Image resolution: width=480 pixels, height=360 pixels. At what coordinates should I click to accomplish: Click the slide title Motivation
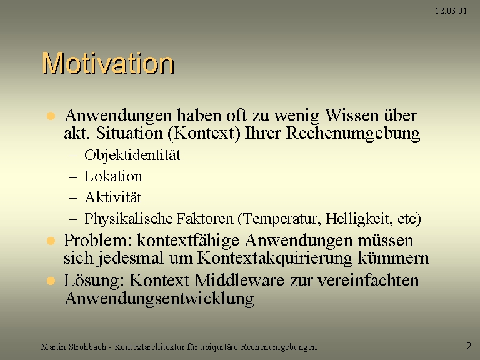pos(108,63)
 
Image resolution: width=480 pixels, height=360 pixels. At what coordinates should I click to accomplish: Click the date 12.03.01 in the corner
pos(451,11)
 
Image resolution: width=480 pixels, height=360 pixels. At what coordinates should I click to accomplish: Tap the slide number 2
pos(469,346)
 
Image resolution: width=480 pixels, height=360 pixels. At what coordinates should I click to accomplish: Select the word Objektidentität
pos(132,155)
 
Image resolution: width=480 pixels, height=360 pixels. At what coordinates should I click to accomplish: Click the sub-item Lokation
pos(113,176)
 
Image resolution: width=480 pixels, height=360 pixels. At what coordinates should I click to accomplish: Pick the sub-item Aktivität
pos(112,197)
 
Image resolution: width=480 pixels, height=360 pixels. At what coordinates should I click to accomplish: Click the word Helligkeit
pos(359,219)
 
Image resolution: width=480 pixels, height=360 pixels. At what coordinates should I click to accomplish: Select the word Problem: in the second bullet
pos(97,240)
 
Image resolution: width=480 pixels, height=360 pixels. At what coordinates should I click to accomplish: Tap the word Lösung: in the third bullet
pos(94,281)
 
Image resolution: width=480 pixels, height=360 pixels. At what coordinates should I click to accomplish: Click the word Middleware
pos(239,280)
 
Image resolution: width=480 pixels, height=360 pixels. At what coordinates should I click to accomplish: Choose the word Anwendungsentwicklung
pos(159,299)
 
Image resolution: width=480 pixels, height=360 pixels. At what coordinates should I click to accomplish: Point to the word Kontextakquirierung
pos(275,258)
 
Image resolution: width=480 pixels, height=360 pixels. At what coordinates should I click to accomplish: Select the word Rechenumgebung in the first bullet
pos(353,134)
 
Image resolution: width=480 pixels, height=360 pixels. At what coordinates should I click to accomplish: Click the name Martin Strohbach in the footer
pos(74,347)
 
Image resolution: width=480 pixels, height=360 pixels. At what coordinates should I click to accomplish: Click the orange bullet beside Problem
pos(51,241)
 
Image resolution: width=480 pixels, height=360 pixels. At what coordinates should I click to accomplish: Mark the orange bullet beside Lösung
pos(51,281)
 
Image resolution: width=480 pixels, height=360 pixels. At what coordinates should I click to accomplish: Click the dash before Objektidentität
pos(74,156)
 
